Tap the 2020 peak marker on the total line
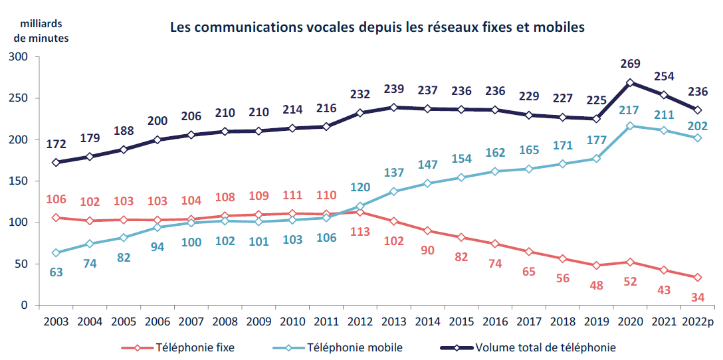pos(630,83)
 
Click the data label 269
pos(630,64)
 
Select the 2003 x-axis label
pos(56,322)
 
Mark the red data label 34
pos(697,296)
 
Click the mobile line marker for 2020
pos(630,126)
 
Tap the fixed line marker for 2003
pos(56,218)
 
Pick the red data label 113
pos(359,232)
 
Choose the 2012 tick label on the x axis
pos(359,322)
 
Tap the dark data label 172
pos(56,143)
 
